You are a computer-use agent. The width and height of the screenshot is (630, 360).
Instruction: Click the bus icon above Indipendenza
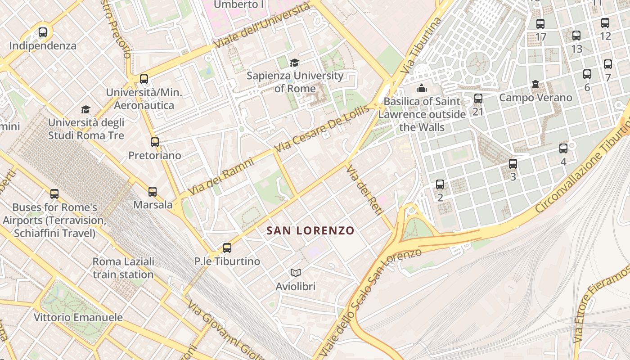(43, 32)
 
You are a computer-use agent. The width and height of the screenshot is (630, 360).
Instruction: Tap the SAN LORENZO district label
(310, 231)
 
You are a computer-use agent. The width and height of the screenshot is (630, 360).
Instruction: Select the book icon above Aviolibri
(295, 273)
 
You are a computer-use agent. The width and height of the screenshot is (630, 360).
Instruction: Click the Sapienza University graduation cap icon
(294, 63)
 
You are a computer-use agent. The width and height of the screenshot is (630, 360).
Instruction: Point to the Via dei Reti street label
(363, 189)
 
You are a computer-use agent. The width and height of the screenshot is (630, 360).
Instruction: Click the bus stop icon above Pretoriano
(155, 142)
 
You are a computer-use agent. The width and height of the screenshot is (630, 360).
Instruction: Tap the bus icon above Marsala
(153, 192)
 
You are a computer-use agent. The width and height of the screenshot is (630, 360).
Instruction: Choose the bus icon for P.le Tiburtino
(227, 248)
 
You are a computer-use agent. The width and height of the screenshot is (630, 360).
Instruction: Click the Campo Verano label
(535, 98)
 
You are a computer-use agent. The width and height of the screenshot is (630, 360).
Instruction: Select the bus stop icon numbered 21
(478, 98)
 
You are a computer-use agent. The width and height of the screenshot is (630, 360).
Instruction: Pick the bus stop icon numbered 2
(440, 184)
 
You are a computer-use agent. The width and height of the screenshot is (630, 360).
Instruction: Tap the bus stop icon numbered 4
(563, 148)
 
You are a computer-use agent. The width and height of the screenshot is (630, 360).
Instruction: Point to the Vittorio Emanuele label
(78, 317)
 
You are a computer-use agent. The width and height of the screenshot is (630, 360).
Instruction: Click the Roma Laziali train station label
(123, 268)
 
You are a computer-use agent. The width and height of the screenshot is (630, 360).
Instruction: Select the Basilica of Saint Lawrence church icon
(422, 88)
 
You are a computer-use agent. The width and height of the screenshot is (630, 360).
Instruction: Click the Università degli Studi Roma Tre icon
(85, 109)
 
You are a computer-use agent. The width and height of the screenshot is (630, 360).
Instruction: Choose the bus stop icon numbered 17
(540, 24)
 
